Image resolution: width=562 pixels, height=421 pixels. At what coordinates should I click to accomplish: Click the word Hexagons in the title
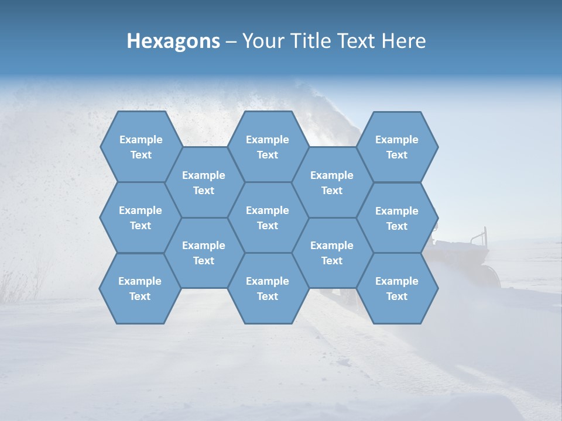173,41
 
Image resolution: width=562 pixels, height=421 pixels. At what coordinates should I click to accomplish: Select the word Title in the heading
320,41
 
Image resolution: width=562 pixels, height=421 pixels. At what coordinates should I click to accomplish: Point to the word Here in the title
403,41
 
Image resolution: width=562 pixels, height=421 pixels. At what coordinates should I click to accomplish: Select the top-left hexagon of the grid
140,147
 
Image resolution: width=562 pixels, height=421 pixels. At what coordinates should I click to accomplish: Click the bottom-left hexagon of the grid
140,288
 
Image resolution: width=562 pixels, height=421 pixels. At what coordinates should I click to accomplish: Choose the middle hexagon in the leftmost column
140,218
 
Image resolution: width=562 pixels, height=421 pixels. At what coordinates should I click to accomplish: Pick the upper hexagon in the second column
204,182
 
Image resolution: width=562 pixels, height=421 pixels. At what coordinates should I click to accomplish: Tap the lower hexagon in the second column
204,253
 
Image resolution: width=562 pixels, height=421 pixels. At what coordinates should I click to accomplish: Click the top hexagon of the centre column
268,147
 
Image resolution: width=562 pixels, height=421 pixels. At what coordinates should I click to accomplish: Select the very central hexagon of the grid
268,218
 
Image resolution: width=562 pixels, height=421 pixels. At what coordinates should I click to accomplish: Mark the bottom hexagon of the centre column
268,288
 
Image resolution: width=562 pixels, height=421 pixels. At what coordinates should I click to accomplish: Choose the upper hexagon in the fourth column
332,182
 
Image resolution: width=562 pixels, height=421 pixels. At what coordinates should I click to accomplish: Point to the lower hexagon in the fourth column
332,253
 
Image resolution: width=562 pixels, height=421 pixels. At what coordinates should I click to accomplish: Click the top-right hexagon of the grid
397,147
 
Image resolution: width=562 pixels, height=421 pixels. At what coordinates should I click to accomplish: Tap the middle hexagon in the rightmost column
397,218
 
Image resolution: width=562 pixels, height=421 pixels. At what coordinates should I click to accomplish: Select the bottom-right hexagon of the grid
397,288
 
